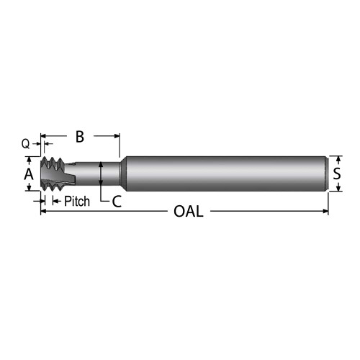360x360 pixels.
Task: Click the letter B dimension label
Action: pyautogui.click(x=80, y=135)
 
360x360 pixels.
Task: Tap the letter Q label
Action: pyautogui.click(x=26, y=144)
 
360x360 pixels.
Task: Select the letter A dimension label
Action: pyautogui.click(x=29, y=174)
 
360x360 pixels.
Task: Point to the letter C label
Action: pyautogui.click(x=116, y=202)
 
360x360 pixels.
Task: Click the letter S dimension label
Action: pyautogui.click(x=336, y=174)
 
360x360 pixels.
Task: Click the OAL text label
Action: pyautogui.click(x=189, y=212)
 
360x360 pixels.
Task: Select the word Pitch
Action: pyautogui.click(x=77, y=202)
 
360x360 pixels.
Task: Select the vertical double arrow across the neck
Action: pyautogui.click(x=102, y=174)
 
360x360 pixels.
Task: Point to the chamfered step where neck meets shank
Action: pyautogui.click(x=121, y=174)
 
